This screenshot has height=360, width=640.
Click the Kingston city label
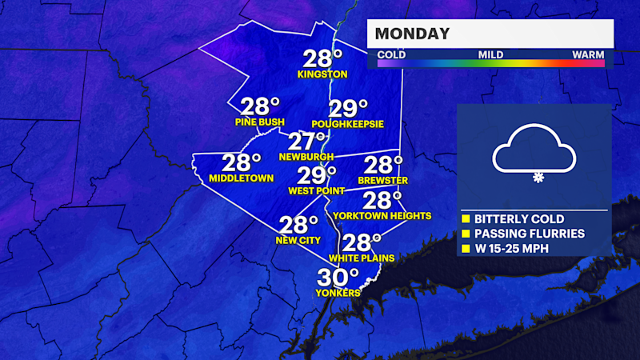tap(322, 74)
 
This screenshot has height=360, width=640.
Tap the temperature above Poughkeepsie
tap(348, 109)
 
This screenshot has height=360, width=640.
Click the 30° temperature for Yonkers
tap(338, 278)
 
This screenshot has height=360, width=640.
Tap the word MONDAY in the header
tap(412, 34)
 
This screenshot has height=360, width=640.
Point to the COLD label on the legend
tap(391, 55)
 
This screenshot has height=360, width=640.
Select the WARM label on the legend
tap(588, 55)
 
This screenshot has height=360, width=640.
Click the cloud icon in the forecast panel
tap(534, 150)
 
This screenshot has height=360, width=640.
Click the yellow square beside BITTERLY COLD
tap(466, 218)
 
